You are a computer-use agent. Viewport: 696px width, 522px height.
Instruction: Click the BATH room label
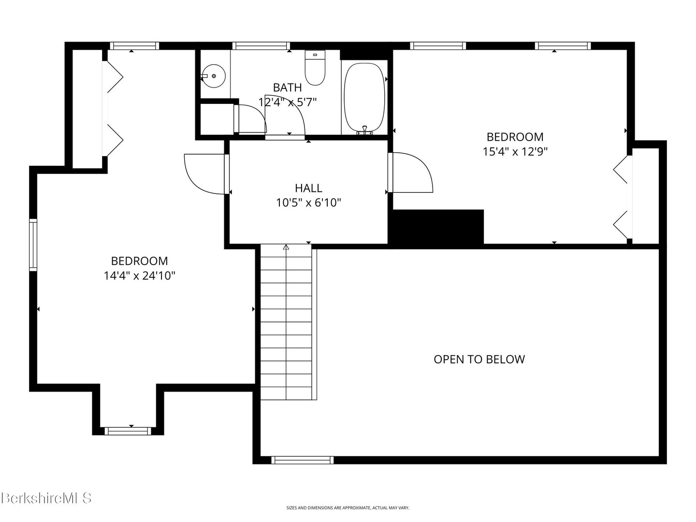point(287,87)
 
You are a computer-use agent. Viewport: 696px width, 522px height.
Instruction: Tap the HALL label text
point(308,188)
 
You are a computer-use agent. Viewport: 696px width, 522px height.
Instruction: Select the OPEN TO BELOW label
point(479,360)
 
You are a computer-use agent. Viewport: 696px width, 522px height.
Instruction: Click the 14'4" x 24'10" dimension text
point(140,275)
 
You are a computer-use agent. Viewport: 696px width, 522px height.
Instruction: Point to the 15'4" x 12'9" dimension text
point(515,151)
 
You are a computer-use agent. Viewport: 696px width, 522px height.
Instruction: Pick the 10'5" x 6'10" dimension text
point(308,203)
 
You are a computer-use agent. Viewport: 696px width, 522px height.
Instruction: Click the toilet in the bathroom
point(315,68)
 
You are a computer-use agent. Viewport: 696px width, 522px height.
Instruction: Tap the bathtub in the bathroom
point(364,98)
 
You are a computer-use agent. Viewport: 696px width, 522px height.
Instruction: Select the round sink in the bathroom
point(214,76)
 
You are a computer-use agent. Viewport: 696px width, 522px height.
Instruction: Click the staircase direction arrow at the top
point(286,247)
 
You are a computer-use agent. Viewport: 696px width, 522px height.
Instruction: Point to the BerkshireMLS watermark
point(46,498)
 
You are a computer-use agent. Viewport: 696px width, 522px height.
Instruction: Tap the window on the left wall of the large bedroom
point(33,245)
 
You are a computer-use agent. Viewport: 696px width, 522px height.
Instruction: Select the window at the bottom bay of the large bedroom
point(128,431)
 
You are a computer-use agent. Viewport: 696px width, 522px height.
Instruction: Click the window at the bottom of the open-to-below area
point(302,460)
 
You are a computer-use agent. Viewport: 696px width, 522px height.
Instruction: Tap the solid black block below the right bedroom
point(435,228)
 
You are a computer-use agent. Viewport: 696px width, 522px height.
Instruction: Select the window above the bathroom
point(261,46)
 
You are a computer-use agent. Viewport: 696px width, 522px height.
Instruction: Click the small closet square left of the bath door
point(217,118)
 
